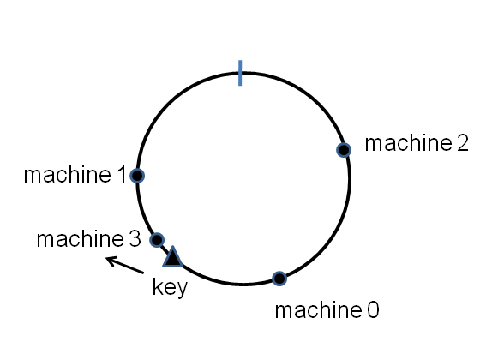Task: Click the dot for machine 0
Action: [x=279, y=278]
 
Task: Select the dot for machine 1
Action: [x=138, y=176]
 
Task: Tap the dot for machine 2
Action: [x=343, y=150]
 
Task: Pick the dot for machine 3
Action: [x=157, y=239]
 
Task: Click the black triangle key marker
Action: [x=172, y=256]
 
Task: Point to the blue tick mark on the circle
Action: [x=240, y=73]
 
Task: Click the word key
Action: [x=169, y=288]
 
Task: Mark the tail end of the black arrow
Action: [x=143, y=273]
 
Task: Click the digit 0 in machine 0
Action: [x=372, y=309]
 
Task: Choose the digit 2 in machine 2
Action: [x=463, y=143]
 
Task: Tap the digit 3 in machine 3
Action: [x=135, y=239]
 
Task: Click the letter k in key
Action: [x=157, y=287]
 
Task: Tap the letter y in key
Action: [x=181, y=290]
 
